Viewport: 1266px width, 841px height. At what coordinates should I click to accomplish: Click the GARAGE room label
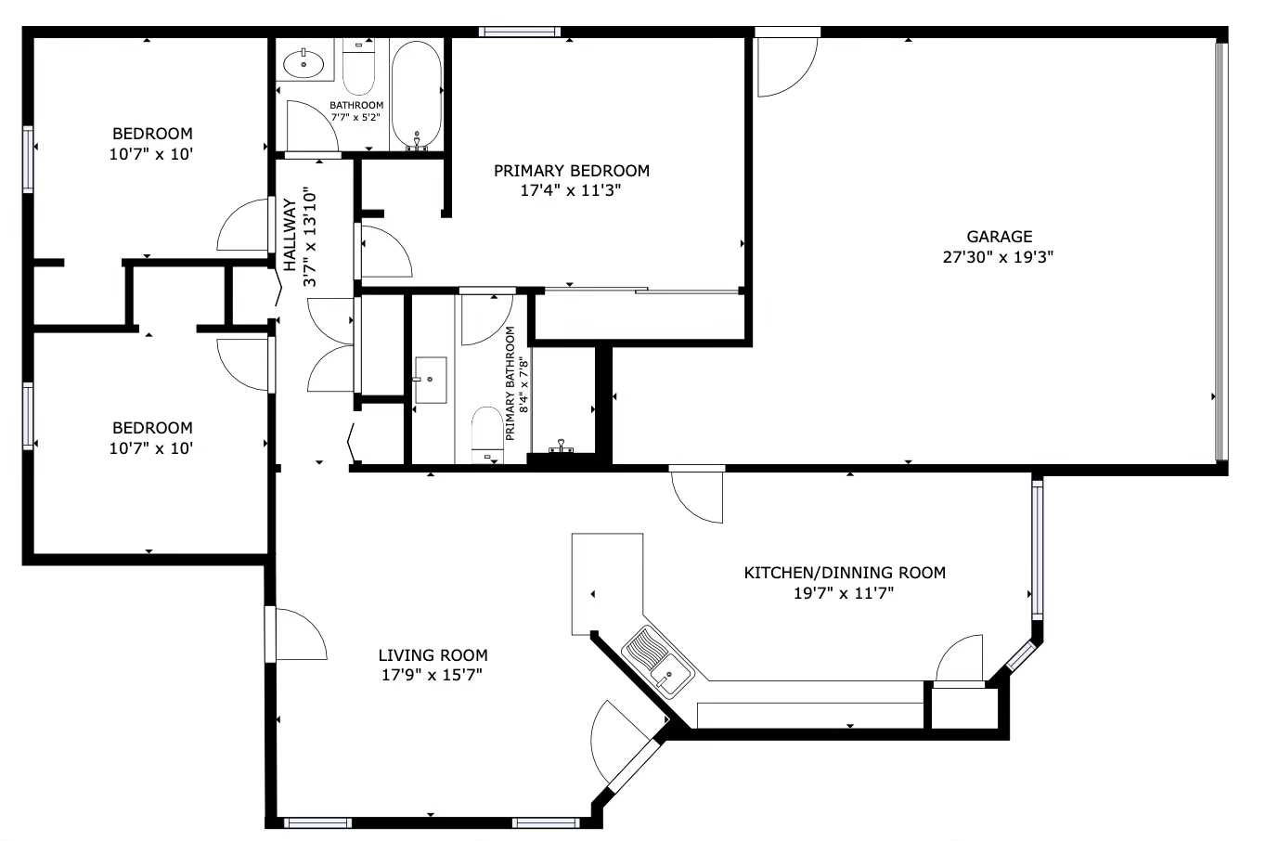tap(999, 237)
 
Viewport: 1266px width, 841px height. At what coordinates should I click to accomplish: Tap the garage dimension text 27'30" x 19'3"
tap(999, 257)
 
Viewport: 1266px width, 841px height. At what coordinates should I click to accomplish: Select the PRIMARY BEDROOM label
tap(571, 171)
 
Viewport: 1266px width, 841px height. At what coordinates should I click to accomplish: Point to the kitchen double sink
tap(658, 661)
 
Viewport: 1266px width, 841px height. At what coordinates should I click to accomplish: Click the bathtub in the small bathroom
tap(416, 93)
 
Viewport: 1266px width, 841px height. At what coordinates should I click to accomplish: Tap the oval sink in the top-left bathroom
tap(304, 64)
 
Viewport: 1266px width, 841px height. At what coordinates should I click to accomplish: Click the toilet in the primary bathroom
tap(486, 433)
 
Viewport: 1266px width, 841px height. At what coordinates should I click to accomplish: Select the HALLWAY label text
tap(290, 235)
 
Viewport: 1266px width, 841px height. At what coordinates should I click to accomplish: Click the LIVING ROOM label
tap(433, 655)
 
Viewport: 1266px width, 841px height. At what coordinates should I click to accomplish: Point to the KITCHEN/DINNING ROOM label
tap(845, 573)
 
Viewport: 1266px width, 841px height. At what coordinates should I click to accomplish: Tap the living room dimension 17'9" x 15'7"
tap(433, 676)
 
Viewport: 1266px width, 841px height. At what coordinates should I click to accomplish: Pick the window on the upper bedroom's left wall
tap(28, 159)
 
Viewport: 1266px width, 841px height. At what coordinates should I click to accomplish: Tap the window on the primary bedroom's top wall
tap(520, 32)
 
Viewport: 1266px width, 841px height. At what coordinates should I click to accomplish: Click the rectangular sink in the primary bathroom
tap(430, 380)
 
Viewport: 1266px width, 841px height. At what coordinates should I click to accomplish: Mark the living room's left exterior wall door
tap(297, 634)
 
